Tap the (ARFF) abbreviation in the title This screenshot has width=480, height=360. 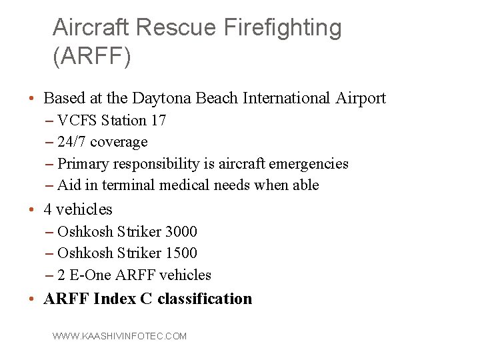click(x=91, y=57)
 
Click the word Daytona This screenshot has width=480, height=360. click(x=161, y=99)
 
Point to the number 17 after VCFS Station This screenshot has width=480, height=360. click(x=159, y=121)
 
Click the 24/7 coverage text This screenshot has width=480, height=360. click(x=103, y=142)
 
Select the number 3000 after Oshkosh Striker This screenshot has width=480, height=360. click(x=181, y=231)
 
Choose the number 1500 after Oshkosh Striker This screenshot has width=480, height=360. click(x=181, y=253)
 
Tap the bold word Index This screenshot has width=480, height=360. click(x=115, y=299)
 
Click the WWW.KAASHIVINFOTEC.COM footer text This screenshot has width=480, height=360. click(x=120, y=337)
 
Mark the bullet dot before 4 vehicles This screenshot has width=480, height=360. click(x=32, y=210)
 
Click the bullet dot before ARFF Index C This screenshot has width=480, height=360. click(x=32, y=299)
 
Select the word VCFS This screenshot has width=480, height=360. click(x=77, y=121)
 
